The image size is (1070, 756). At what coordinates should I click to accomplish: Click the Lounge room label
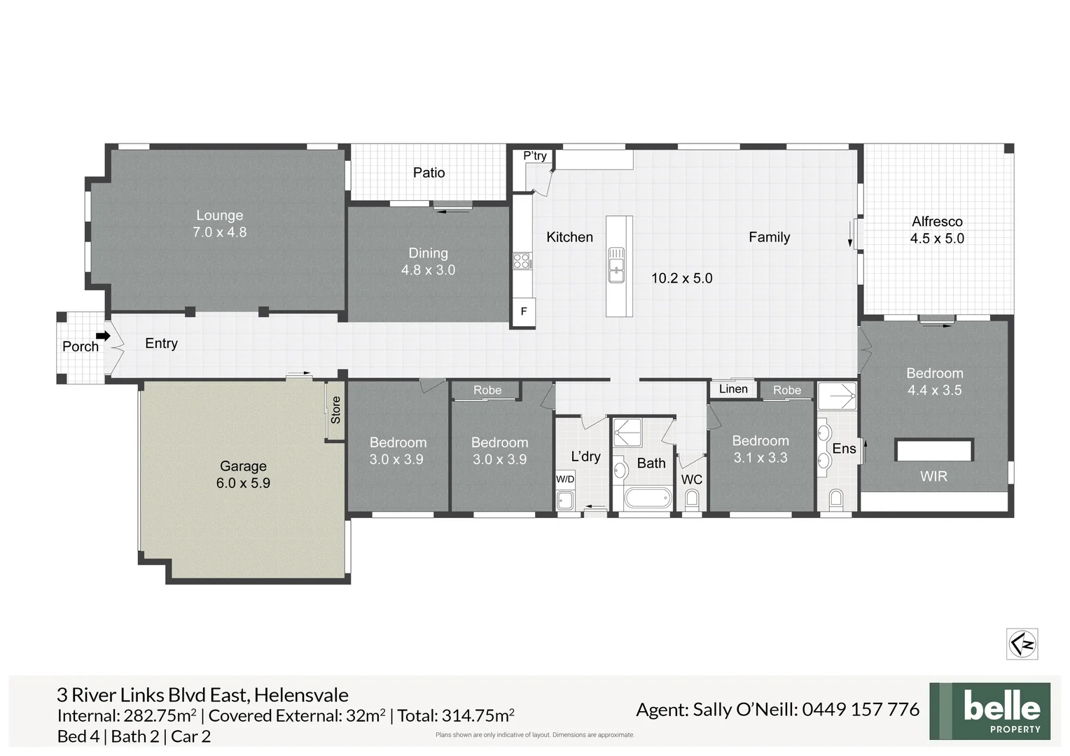219,216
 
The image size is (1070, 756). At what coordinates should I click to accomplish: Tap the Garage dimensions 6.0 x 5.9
243,483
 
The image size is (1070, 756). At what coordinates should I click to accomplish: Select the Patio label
429,172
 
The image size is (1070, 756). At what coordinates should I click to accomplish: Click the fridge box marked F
523,311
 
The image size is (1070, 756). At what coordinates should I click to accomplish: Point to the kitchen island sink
616,265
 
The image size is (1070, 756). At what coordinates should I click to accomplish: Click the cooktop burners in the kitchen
522,261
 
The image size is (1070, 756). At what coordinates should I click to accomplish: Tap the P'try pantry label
535,155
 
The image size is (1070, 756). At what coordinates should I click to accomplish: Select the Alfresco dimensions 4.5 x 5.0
937,239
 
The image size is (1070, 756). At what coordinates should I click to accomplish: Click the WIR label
933,476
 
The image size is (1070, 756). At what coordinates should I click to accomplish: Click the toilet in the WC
692,499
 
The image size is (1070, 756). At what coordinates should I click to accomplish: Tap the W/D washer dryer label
565,479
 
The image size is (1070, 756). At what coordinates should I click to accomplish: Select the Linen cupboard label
733,389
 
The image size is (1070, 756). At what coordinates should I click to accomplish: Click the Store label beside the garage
335,409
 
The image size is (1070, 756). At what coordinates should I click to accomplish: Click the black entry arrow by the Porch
104,336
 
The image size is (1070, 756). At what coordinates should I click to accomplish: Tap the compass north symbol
1022,644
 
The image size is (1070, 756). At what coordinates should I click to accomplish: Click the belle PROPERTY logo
989,711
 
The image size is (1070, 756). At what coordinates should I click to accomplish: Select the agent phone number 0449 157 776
860,710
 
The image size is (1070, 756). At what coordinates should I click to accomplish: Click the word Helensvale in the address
301,695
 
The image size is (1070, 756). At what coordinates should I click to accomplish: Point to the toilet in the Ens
836,500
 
